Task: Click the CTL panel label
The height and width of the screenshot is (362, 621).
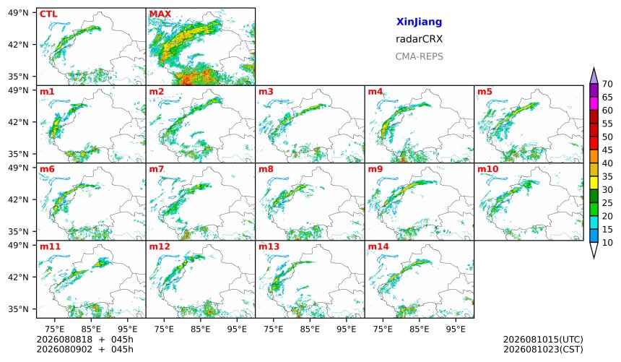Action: (48, 14)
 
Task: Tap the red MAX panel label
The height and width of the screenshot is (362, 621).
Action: (160, 14)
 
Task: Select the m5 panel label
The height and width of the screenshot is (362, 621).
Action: (485, 92)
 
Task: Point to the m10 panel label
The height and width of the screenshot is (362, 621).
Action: (488, 169)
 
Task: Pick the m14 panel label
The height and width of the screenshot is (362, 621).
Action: (378, 246)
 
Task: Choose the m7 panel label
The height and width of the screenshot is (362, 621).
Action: (157, 169)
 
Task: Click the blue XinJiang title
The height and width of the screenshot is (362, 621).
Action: (419, 22)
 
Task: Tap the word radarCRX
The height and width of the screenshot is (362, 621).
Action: (419, 39)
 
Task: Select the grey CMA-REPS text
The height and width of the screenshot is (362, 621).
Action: (419, 56)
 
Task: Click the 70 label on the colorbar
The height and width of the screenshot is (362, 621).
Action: (607, 84)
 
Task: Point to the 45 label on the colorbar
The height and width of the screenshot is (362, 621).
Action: (607, 150)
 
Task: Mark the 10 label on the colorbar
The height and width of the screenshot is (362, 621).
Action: (607, 243)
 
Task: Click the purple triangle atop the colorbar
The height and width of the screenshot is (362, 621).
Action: (594, 77)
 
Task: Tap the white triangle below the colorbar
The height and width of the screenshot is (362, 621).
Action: (594, 250)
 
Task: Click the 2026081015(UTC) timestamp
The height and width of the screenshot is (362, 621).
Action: (543, 340)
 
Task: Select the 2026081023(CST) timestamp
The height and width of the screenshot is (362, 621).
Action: (543, 349)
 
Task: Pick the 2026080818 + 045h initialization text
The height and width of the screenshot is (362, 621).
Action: (84, 340)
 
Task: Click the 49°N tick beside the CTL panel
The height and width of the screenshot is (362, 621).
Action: (18, 13)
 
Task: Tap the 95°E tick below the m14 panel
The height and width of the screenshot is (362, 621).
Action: (456, 329)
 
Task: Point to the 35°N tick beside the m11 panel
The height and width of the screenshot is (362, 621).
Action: (18, 309)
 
